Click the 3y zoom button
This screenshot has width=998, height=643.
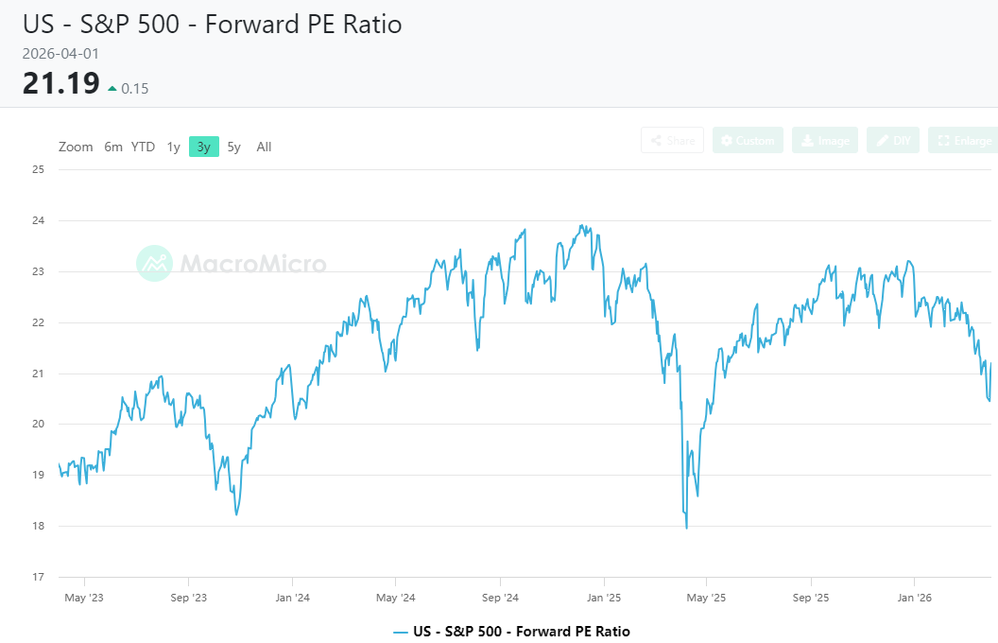point(203,147)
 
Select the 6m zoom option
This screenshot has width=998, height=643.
point(113,147)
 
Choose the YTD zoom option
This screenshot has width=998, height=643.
point(143,147)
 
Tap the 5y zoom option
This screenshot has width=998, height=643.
point(234,147)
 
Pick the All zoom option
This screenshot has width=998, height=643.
point(264,147)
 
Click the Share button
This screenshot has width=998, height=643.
point(672,141)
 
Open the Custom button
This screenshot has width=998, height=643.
point(748,141)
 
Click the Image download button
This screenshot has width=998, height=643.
point(825,141)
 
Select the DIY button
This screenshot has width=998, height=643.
point(892,141)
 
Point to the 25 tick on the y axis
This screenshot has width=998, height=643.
point(39,170)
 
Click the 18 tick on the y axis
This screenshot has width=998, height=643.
point(39,526)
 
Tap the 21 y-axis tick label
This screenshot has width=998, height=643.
point(39,374)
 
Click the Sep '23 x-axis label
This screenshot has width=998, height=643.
point(188,598)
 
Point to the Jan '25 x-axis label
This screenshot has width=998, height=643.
point(603,598)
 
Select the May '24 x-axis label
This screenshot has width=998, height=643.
point(395,598)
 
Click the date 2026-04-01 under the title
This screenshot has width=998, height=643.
point(60,54)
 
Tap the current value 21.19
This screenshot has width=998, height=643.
point(60,84)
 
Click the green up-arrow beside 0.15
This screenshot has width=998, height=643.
point(112,89)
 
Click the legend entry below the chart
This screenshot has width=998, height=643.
point(511,631)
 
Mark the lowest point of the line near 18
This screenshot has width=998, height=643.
point(686,528)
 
